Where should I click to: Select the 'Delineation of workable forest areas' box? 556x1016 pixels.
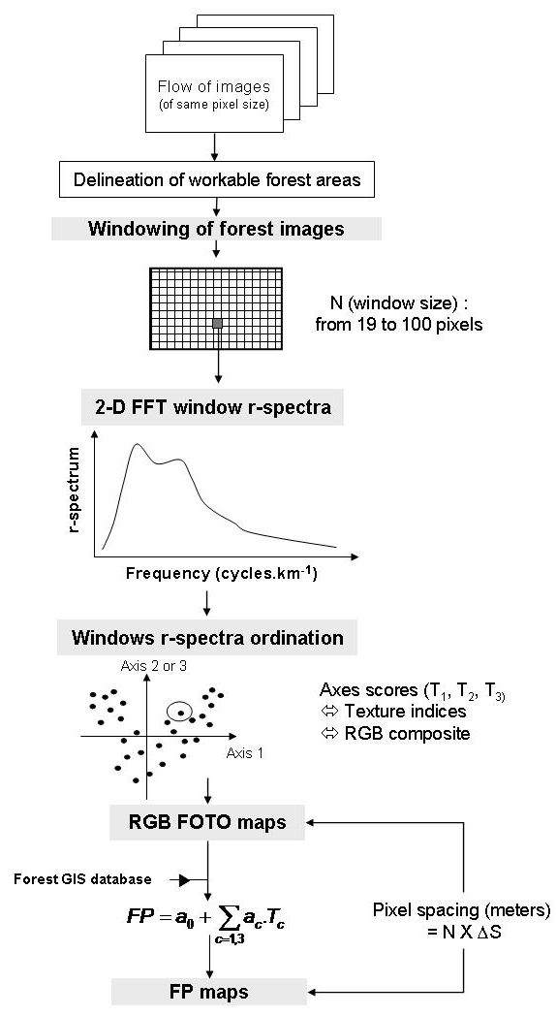(217, 178)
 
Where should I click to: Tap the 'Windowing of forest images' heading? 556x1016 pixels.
(216, 229)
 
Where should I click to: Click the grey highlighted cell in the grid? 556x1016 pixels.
(218, 323)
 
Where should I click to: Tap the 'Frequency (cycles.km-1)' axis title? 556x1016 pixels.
(222, 574)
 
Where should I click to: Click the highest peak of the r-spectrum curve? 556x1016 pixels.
(137, 444)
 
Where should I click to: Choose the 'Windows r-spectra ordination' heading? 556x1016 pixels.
(207, 638)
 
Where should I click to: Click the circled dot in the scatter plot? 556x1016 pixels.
(181, 713)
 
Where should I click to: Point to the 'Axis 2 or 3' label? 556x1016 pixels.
(154, 665)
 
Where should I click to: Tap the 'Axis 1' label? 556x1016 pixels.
(245, 753)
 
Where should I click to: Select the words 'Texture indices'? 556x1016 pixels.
(405, 711)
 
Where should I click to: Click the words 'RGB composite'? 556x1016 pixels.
(407, 734)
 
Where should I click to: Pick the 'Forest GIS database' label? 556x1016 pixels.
(83, 879)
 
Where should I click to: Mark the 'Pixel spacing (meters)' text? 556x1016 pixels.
(461, 909)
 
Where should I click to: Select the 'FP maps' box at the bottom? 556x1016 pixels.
(210, 992)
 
